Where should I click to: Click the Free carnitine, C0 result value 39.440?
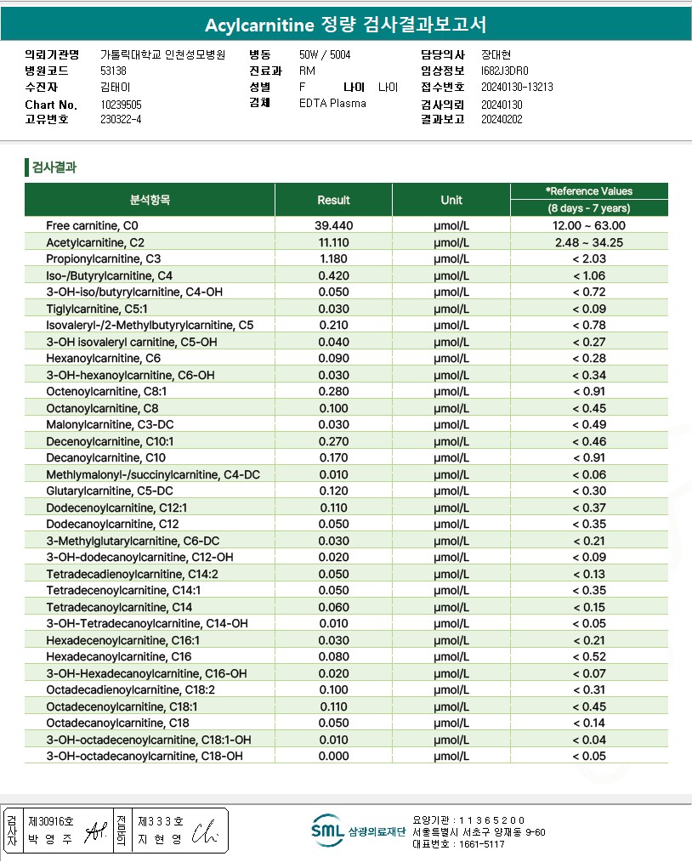click(333, 225)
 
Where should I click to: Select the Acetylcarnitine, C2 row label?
click(94, 242)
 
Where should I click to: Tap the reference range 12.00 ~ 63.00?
click(588, 225)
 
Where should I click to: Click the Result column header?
click(333, 200)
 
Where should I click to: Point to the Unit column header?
click(451, 200)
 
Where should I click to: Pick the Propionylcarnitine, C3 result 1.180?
click(333, 258)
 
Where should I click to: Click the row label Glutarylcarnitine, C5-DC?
click(110, 491)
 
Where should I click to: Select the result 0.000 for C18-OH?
click(333, 756)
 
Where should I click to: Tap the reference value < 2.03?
click(588, 258)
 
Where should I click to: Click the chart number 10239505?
click(121, 105)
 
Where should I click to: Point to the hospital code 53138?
click(113, 71)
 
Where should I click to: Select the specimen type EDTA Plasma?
click(332, 103)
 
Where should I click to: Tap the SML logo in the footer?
click(327, 831)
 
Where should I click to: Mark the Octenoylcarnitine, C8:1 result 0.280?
click(333, 391)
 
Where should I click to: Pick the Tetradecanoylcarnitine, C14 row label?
click(119, 607)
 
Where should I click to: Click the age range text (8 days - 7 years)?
click(588, 208)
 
